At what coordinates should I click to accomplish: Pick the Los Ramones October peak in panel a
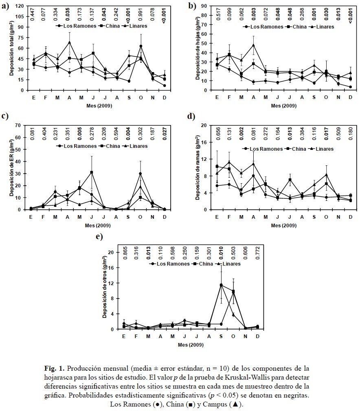click(141, 46)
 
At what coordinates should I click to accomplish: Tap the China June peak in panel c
click(92, 172)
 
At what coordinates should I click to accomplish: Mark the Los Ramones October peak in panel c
click(140, 174)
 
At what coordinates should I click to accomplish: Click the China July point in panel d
click(290, 180)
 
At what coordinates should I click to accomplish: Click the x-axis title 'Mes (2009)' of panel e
click(191, 345)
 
